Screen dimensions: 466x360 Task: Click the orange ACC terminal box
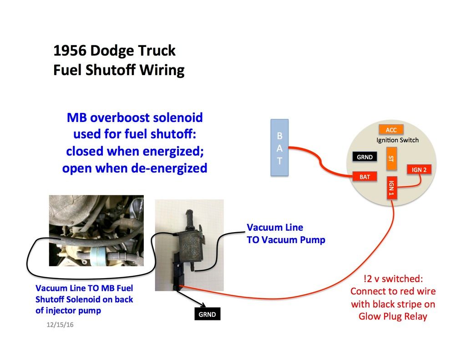pyautogui.click(x=391, y=130)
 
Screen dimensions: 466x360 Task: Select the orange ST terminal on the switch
pyautogui.click(x=391, y=159)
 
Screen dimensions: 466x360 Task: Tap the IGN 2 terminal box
pyautogui.click(x=419, y=169)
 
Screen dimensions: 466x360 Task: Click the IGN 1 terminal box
pyautogui.click(x=392, y=188)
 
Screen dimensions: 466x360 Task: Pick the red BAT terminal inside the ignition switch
pyautogui.click(x=365, y=177)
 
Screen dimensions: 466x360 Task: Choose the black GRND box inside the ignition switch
pyautogui.click(x=365, y=157)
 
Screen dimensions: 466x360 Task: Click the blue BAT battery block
pyautogui.click(x=279, y=148)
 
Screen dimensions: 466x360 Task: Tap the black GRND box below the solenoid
pyautogui.click(x=208, y=314)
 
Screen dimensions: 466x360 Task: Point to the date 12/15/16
pyautogui.click(x=60, y=325)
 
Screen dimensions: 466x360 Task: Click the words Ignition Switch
pyautogui.click(x=397, y=140)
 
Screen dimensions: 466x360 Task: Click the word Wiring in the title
pyautogui.click(x=162, y=71)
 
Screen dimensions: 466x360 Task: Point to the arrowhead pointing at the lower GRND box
pyautogui.click(x=203, y=305)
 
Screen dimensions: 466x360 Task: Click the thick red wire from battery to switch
pyautogui.click(x=320, y=162)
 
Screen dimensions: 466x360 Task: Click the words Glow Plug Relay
pyautogui.click(x=393, y=316)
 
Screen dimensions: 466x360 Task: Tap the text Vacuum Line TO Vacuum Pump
pyautogui.click(x=286, y=233)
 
